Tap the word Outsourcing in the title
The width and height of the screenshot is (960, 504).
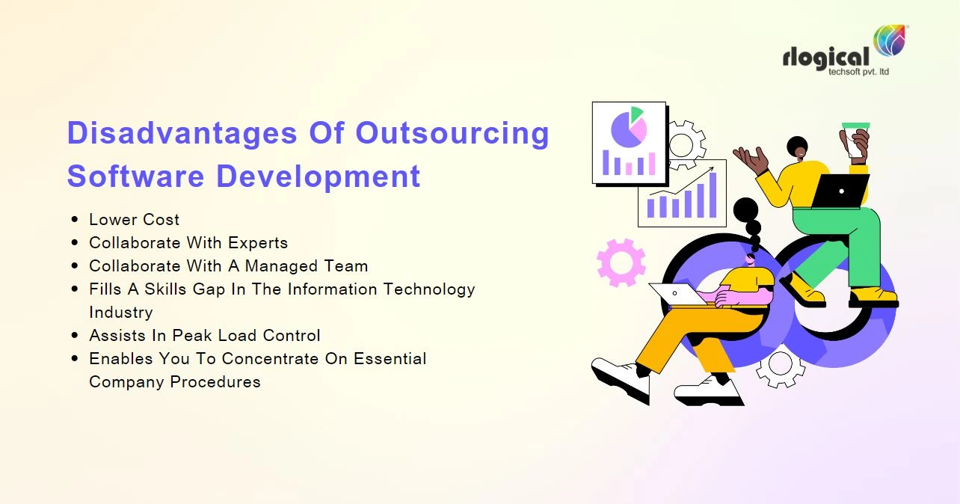(x=452, y=134)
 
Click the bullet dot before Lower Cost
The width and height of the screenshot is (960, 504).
(x=75, y=220)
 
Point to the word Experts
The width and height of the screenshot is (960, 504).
(x=258, y=243)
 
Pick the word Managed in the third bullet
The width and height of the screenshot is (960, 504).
(x=284, y=266)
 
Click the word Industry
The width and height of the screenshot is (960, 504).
(x=120, y=312)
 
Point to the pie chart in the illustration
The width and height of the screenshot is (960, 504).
(x=628, y=127)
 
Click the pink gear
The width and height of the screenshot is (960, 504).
(x=621, y=262)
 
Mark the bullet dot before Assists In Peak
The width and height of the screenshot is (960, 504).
(x=75, y=336)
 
